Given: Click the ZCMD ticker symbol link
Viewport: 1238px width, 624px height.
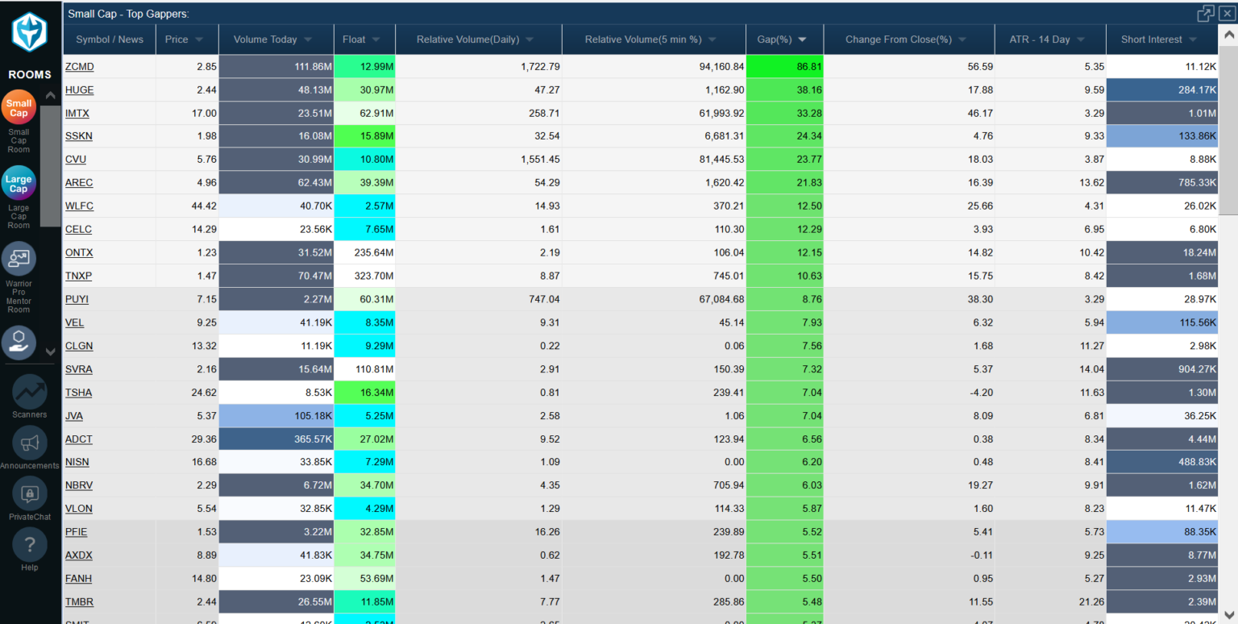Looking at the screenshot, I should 79,67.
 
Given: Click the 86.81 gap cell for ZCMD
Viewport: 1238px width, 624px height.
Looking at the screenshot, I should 784,67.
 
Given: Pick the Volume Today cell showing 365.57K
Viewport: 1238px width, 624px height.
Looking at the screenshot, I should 276,439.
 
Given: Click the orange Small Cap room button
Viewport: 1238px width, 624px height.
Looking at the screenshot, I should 19,108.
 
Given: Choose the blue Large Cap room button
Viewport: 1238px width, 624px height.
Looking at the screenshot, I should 19,184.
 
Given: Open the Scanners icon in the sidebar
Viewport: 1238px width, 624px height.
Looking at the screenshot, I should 30,392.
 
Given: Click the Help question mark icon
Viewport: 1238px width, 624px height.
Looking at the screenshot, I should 30,546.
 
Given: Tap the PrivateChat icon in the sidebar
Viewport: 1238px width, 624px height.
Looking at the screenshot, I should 30,494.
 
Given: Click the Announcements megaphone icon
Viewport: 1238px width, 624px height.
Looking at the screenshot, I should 30,443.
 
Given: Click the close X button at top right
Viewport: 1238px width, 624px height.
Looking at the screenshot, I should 1226,13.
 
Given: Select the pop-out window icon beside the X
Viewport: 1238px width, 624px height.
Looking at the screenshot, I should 1205,13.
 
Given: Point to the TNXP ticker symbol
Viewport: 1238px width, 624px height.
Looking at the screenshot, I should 78,276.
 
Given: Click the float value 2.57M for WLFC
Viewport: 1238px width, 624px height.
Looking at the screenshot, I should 364,206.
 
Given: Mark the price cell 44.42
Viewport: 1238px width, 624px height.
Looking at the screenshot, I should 187,206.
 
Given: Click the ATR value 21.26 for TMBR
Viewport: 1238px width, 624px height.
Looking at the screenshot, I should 1050,601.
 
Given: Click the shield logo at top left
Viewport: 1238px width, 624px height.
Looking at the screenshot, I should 30,31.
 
